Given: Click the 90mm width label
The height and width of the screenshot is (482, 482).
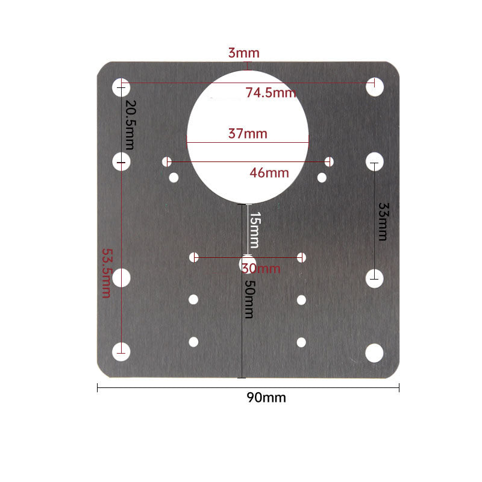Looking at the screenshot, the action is [266, 398].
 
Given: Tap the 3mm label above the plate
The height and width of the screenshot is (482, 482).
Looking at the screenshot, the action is [244, 53].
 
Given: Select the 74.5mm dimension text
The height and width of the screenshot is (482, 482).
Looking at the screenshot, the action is [271, 93].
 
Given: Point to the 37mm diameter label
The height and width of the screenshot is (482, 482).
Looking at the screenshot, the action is [248, 134].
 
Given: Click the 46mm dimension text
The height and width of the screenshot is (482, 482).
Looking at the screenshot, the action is [269, 173].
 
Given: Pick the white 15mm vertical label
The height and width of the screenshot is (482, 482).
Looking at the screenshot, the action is [255, 230].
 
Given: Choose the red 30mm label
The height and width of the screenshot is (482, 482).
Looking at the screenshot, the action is [261, 269].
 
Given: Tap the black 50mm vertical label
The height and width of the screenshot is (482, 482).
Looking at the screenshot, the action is [250, 299].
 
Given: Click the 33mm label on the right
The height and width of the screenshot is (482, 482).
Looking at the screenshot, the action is [383, 221].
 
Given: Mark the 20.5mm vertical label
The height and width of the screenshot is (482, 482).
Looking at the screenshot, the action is [131, 125].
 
